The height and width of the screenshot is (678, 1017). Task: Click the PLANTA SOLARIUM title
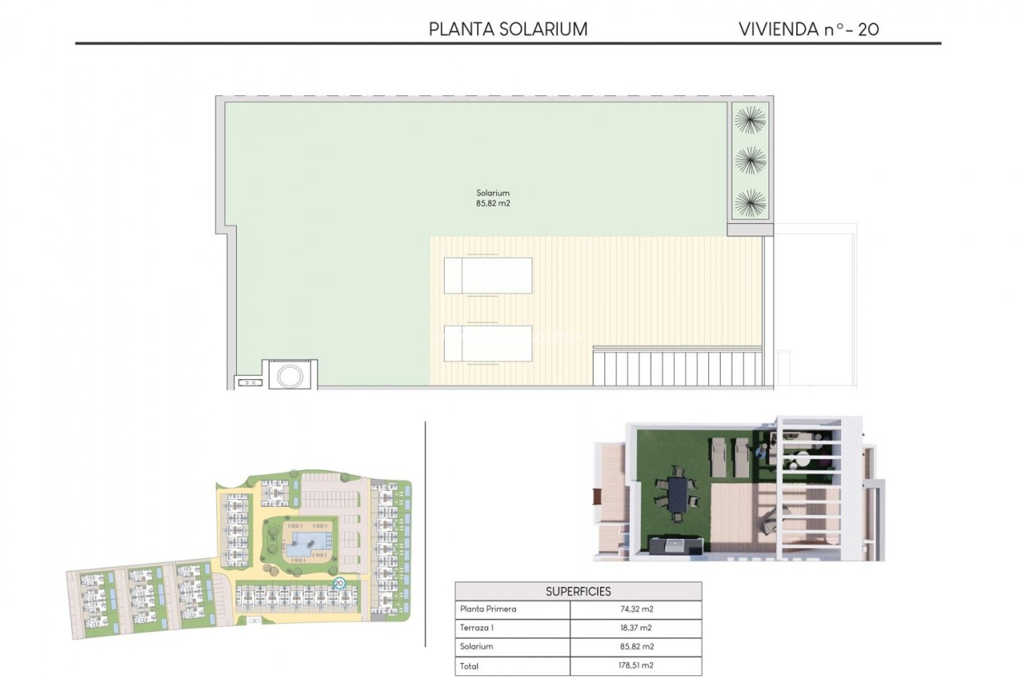508,29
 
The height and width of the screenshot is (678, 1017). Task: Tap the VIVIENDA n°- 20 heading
809,29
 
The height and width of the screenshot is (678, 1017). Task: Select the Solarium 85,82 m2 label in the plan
493,198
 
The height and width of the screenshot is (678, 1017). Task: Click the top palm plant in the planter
750,119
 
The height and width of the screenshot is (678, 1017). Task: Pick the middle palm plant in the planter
750,160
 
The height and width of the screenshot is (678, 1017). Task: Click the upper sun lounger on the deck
488,275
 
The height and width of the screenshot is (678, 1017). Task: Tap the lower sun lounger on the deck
488,343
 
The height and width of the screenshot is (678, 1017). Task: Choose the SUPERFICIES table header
578,591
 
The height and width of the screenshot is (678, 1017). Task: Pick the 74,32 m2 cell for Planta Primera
636,609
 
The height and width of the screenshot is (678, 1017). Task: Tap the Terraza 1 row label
477,628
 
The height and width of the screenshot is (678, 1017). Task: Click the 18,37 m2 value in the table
636,628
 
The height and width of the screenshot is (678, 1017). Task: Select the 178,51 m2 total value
636,665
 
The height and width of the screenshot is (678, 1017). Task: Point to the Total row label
469,666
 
